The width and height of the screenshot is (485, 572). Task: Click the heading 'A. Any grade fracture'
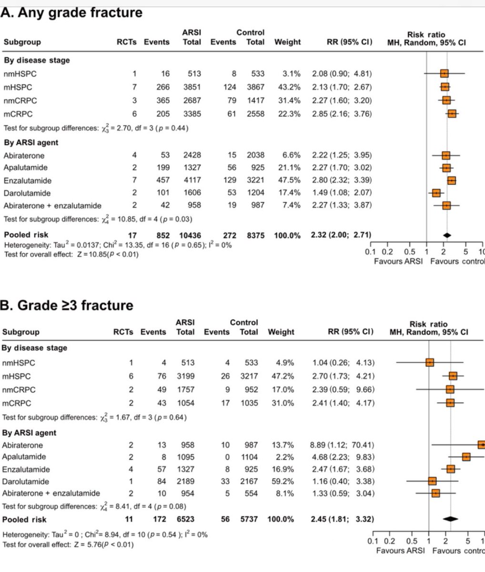(71, 12)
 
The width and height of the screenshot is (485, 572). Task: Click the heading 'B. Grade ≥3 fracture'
(67, 305)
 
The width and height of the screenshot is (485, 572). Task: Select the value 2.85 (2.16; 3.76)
(342, 113)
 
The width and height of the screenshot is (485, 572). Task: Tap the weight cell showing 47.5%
(291, 180)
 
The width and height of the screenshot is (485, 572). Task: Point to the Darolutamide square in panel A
(436, 193)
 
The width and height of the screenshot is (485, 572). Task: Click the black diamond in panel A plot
(446, 235)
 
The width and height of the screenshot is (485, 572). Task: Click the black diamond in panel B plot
(450, 519)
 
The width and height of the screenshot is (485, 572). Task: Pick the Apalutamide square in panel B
(466, 457)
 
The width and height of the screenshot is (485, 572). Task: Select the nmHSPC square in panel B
(430, 363)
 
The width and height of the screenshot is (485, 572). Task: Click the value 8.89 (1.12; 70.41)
(342, 445)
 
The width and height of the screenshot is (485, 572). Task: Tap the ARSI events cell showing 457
(162, 180)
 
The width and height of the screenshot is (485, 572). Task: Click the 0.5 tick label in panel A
(409, 252)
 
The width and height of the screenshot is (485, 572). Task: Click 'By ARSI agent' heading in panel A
(31, 143)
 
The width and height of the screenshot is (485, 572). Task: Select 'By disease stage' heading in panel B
(34, 348)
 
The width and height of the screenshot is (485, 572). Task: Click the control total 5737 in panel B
(248, 519)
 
